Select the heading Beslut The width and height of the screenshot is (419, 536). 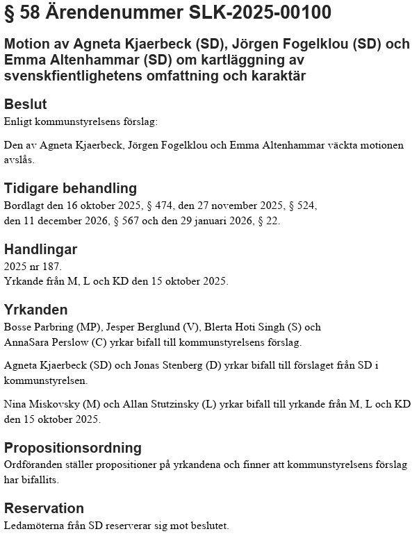click(x=26, y=105)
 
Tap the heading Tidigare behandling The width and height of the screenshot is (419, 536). click(x=71, y=189)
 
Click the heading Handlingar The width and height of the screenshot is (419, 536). click(x=41, y=249)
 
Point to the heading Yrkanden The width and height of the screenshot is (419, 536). click(x=36, y=310)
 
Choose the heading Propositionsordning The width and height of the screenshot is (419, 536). click(x=73, y=448)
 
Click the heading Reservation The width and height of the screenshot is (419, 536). click(x=44, y=508)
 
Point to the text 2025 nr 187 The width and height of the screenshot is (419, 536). click(x=33, y=267)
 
